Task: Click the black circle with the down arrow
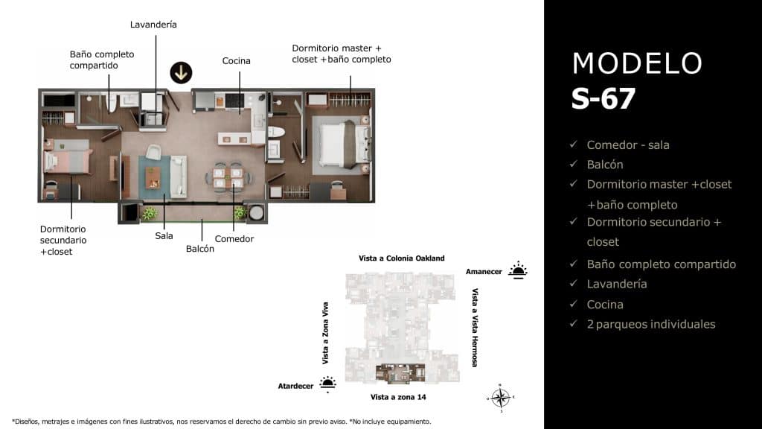[x=181, y=72]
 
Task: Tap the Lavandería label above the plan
[x=153, y=25]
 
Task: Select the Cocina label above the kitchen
[x=236, y=61]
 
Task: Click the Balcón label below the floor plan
[x=200, y=249]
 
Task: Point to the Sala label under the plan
[x=164, y=236]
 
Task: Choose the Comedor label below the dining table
[x=234, y=239]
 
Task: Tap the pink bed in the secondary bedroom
[x=68, y=159]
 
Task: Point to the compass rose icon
[x=501, y=397]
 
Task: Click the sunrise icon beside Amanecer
[x=517, y=270]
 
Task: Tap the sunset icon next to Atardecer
[x=327, y=384]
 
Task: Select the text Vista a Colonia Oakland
[x=401, y=258]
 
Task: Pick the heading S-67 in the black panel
[x=603, y=99]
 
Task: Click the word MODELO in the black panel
[x=637, y=64]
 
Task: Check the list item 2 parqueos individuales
[x=650, y=324]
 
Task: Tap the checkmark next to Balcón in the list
[x=573, y=165]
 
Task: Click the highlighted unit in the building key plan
[x=400, y=372]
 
